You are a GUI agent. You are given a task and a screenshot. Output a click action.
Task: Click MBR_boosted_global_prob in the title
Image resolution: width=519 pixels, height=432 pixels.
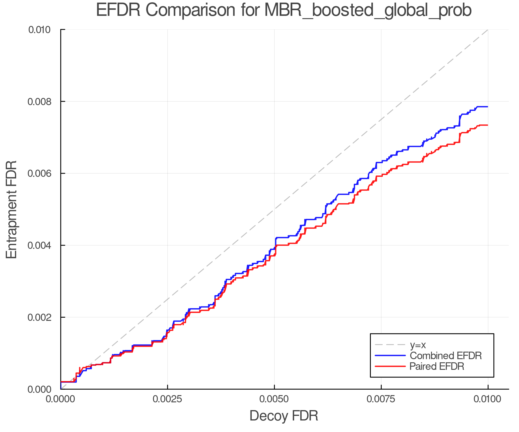click(x=368, y=10)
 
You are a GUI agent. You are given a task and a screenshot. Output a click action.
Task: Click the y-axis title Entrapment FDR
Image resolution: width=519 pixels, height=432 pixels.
click(x=12, y=209)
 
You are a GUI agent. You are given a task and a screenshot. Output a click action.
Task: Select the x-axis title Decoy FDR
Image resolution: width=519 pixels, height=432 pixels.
click(x=284, y=416)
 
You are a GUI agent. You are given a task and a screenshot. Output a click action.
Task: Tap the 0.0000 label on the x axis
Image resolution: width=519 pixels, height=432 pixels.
click(x=61, y=399)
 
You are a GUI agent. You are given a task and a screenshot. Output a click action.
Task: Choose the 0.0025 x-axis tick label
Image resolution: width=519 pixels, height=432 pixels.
click(x=167, y=399)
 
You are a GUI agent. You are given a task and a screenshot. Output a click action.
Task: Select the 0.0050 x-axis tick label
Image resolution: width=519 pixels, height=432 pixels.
click(x=274, y=399)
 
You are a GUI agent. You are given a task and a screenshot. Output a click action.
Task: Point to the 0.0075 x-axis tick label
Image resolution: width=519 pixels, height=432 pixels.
click(x=381, y=399)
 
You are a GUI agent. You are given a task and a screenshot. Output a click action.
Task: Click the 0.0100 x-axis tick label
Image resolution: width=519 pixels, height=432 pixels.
click(x=488, y=399)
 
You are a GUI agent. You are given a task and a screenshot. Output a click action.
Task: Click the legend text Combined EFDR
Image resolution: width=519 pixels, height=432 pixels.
click(x=445, y=356)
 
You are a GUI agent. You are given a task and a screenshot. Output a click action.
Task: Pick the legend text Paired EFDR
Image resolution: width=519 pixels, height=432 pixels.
click(x=437, y=366)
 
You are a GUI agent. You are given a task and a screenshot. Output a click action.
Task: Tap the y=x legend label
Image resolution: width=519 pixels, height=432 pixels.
click(x=418, y=345)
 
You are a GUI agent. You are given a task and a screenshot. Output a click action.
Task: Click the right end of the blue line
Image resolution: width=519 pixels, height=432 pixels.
click(x=488, y=107)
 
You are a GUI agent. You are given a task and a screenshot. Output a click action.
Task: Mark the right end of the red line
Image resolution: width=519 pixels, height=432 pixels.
click(x=488, y=125)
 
